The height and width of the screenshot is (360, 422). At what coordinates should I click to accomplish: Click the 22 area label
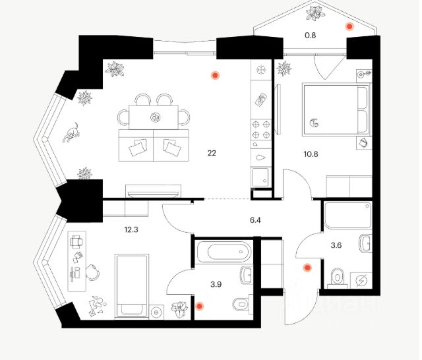coord(212,153)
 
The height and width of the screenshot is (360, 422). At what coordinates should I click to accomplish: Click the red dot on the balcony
coord(349,26)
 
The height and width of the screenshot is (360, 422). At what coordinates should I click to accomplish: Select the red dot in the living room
coord(214,75)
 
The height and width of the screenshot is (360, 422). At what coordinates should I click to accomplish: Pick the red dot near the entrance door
coord(306,268)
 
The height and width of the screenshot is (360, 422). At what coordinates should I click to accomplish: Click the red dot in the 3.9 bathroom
coord(198,306)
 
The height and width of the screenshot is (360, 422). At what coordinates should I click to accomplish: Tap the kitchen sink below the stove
coord(262,158)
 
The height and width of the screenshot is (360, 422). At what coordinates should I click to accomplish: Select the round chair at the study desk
coord(92,270)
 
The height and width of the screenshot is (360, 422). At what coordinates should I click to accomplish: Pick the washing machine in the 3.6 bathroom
coord(361,280)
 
